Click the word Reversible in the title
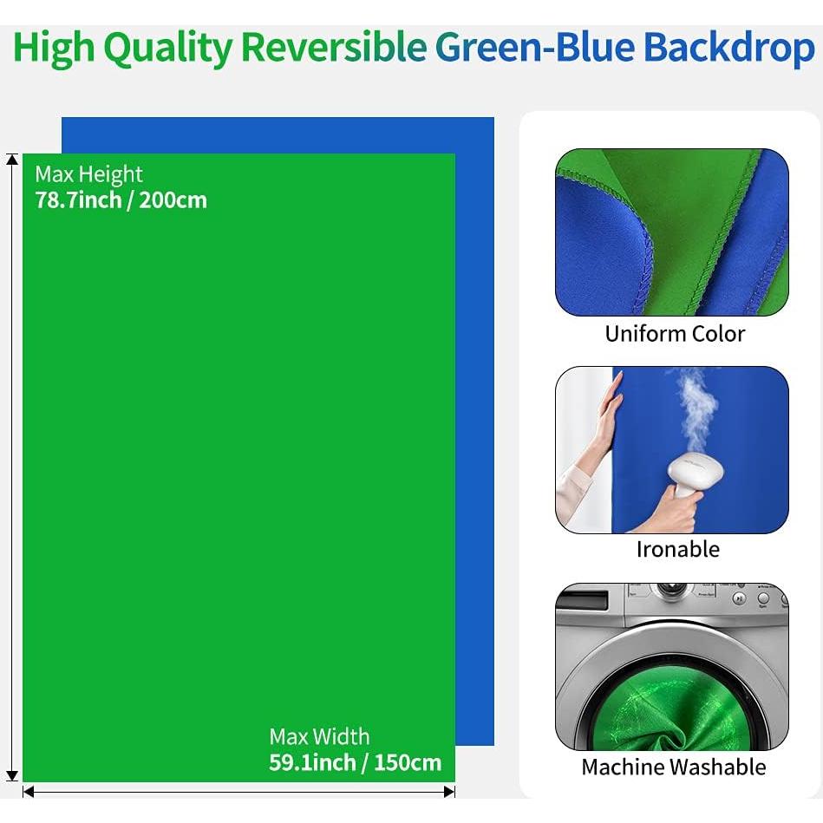pos(333,49)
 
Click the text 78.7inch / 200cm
pos(121,200)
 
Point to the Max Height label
pos(88,174)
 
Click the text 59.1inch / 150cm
pos(355,763)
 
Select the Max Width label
pos(319,737)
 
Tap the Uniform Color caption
pos(675,334)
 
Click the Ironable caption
pos(677,549)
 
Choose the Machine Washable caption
pos(674,767)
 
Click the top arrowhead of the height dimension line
pos(12,160)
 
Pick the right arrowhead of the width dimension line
pos(449,791)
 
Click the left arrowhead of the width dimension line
pos(29,791)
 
